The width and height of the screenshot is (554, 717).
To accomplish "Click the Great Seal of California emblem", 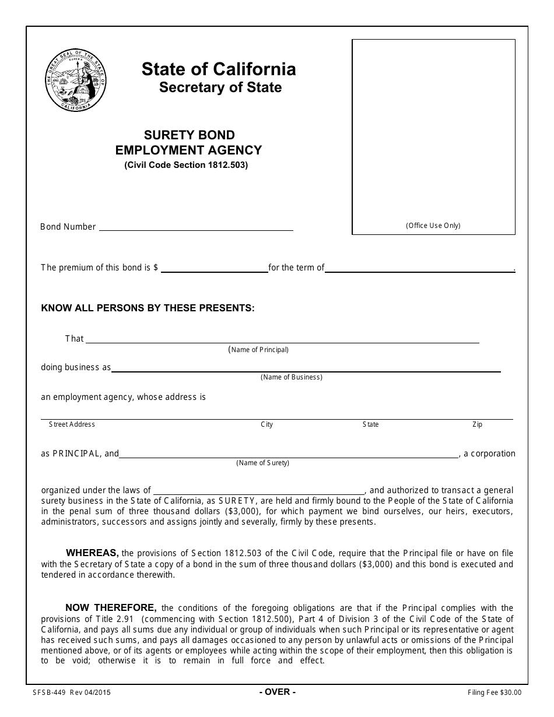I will click(76, 80).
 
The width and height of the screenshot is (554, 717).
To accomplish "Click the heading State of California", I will click(219, 69).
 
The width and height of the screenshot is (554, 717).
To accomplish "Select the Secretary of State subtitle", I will click(220, 87).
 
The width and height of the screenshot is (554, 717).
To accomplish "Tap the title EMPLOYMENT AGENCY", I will click(188, 150).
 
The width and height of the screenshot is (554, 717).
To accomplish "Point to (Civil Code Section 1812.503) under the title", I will click(186, 165).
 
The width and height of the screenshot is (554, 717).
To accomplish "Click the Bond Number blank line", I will click(196, 227).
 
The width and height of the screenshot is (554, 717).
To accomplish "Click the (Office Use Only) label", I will click(433, 226).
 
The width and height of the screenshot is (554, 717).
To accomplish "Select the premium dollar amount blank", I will click(213, 269).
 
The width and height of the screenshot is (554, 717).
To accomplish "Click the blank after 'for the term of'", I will click(419, 269).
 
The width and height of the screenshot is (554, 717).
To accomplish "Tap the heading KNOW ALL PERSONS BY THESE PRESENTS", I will click(148, 308).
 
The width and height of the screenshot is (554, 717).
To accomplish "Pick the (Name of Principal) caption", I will click(258, 350).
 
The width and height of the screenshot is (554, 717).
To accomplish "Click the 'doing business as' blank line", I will click(306, 368).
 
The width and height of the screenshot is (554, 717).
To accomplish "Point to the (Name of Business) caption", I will click(292, 377).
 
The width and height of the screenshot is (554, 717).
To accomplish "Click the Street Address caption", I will click(72, 424).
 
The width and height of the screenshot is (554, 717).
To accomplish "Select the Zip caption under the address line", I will click(477, 424).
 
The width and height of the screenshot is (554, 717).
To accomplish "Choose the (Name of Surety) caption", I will click(262, 463).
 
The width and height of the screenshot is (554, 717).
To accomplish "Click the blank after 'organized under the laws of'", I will click(258, 491).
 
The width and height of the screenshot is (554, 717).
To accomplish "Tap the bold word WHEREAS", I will click(92, 553).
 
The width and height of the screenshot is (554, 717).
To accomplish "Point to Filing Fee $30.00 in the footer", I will click(495, 693).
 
